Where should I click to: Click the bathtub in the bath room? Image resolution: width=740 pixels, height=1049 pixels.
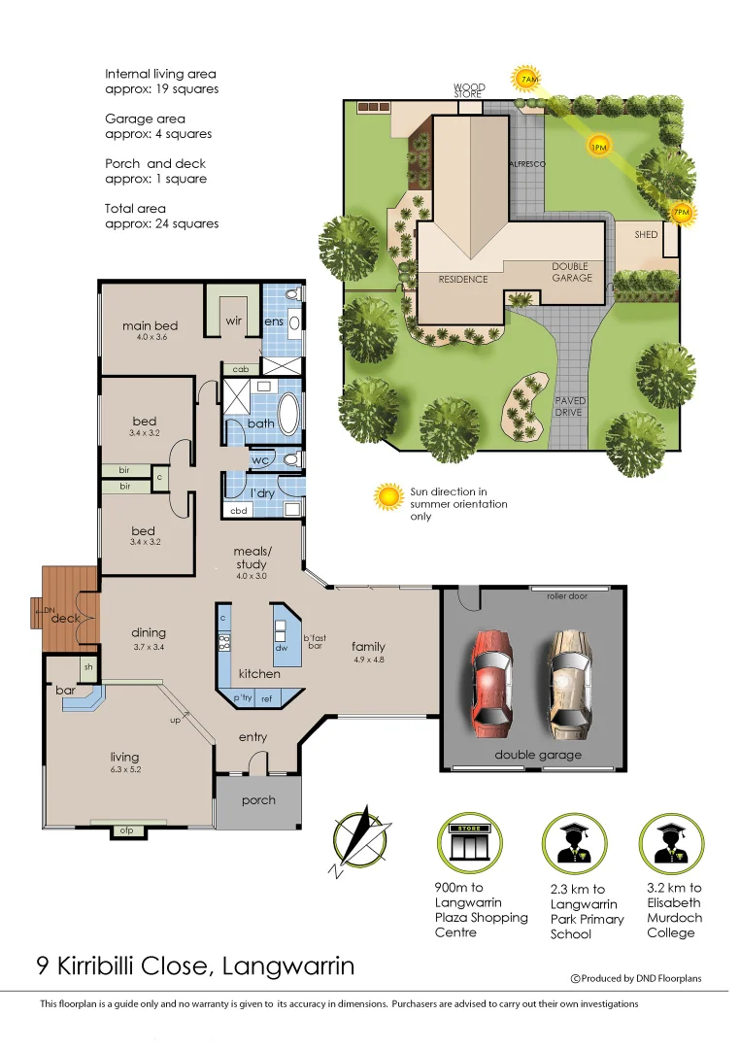point(289,412)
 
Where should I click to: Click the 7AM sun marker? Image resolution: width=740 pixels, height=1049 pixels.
point(528,78)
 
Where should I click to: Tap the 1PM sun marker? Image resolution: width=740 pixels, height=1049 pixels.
point(598,147)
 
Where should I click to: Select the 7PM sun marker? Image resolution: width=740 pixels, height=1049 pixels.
point(682,213)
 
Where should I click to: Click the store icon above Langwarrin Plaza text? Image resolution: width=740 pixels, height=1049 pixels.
point(467,843)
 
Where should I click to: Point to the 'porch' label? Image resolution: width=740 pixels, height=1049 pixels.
point(258,800)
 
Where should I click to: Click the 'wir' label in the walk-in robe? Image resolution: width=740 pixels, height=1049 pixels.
point(233,321)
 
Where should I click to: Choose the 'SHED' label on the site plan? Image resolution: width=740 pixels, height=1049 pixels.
point(646,235)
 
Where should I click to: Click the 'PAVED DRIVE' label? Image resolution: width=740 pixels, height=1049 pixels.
point(569,406)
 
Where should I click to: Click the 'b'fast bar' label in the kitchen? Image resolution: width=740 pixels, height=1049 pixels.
point(312,640)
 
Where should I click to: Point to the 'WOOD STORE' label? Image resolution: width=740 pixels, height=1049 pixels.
point(469,91)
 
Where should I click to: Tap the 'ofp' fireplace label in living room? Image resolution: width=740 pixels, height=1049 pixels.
point(125,830)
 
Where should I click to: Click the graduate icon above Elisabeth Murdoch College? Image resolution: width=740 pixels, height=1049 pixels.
point(671,843)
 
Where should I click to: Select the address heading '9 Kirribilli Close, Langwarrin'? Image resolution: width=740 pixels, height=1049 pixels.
point(195,966)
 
